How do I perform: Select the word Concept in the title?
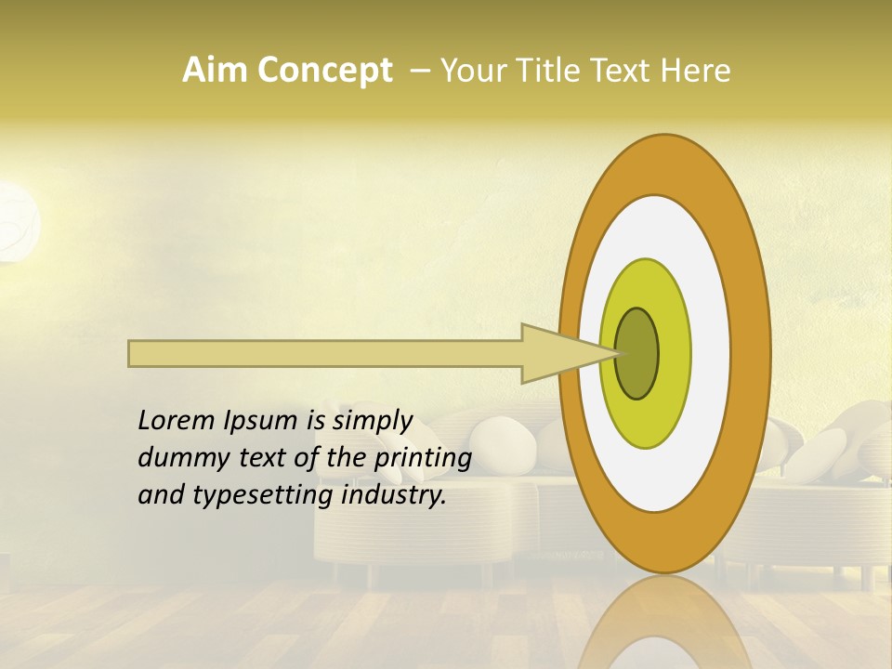(324, 71)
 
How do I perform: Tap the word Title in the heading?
(548, 71)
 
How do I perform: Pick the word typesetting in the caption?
(263, 495)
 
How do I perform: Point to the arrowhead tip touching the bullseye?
(613, 353)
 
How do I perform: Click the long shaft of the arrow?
(325, 354)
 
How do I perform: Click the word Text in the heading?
(623, 71)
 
